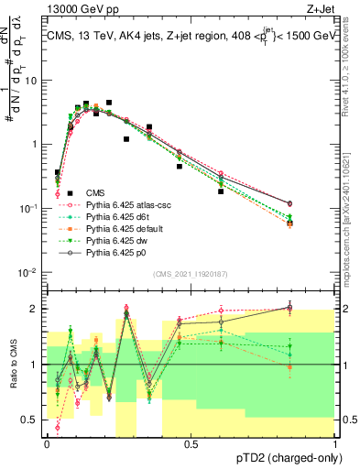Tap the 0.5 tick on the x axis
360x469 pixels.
click(191, 443)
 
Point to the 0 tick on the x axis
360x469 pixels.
click(47, 443)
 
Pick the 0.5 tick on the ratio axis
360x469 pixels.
click(33, 422)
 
